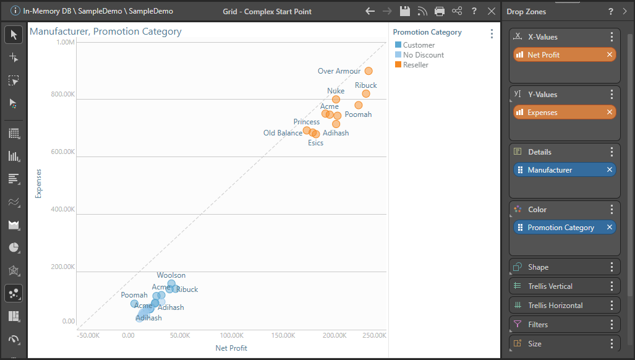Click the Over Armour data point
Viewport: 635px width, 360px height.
(x=369, y=71)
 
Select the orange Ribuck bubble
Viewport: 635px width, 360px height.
(x=366, y=93)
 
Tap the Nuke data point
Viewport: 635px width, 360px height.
(x=336, y=99)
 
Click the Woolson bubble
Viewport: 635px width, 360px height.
(x=171, y=283)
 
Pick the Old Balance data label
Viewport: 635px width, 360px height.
(x=283, y=133)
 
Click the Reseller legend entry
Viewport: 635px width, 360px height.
(x=416, y=65)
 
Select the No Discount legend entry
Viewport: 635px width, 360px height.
(x=423, y=55)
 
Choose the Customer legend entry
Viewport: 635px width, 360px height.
(x=419, y=45)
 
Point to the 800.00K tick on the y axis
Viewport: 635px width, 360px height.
(x=62, y=95)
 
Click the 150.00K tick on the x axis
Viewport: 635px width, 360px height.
(x=283, y=335)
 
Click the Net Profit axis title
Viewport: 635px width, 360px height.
(x=231, y=348)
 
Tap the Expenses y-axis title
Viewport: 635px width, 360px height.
(x=38, y=184)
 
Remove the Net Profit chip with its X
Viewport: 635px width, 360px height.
(x=610, y=55)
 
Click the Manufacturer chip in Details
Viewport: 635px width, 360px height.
(x=550, y=170)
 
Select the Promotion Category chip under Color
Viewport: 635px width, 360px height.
(x=560, y=228)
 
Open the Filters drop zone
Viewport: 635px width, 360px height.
(x=538, y=325)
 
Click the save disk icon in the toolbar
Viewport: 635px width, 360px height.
(x=405, y=11)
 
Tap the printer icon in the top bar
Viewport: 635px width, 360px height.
(x=440, y=11)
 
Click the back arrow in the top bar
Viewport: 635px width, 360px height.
(x=370, y=11)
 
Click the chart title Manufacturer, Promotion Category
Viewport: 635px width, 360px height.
(x=106, y=32)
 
